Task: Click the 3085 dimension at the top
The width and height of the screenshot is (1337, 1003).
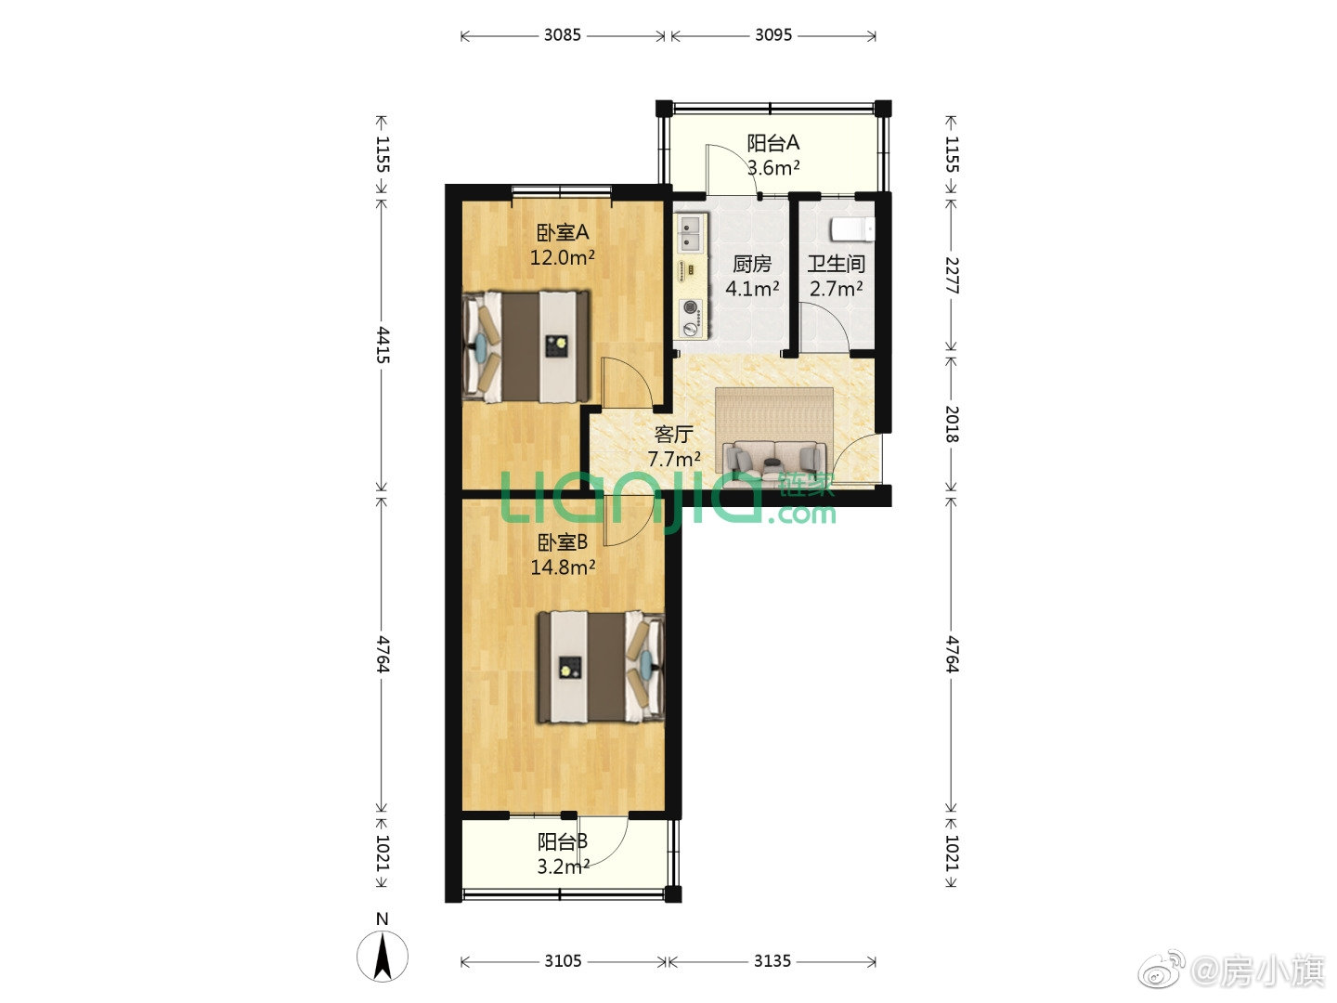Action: (562, 35)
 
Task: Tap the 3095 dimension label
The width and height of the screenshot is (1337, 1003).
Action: (773, 35)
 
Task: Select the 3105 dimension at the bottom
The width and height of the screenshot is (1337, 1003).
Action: (563, 961)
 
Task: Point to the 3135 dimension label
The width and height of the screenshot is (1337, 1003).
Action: (772, 961)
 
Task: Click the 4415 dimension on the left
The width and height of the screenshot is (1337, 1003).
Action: (383, 345)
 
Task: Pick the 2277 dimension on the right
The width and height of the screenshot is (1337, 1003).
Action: (952, 275)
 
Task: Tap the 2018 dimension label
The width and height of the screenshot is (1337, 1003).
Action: (952, 423)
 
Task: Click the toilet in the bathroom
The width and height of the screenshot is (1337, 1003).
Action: (852, 229)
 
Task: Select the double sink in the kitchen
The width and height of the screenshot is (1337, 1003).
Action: (691, 233)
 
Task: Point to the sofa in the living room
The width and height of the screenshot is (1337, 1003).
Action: (773, 459)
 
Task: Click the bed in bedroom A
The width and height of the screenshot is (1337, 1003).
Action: (526, 346)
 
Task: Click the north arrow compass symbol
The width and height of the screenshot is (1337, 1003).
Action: (383, 956)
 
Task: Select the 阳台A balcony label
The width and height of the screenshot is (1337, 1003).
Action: (773, 143)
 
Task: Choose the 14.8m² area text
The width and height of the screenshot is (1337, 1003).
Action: (563, 567)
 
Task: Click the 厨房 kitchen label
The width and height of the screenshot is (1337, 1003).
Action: (752, 264)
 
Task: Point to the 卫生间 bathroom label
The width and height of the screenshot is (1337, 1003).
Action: (837, 264)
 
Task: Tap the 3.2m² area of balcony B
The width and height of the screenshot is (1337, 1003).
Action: (563, 866)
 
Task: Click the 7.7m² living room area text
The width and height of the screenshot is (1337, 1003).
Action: (674, 459)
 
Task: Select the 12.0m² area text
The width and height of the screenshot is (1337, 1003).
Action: (563, 257)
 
